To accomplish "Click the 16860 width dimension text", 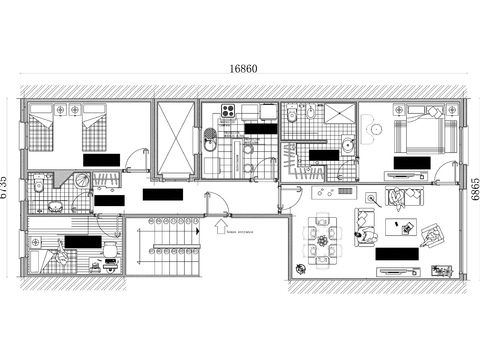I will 243,70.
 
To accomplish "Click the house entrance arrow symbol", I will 220,226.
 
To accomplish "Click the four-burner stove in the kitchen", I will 226,111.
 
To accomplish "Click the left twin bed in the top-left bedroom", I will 40,132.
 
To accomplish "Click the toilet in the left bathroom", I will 37,187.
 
